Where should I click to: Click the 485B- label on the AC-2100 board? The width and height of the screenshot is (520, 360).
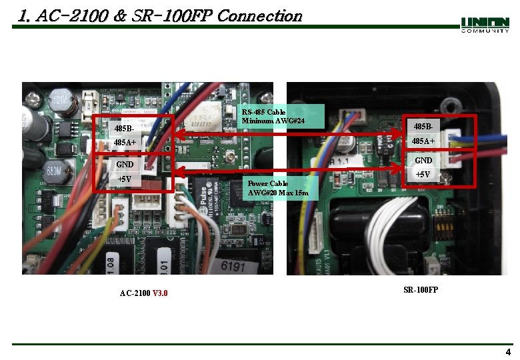tap(125, 128)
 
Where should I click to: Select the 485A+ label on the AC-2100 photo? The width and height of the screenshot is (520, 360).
tap(125, 143)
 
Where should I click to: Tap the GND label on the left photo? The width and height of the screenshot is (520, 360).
tap(125, 165)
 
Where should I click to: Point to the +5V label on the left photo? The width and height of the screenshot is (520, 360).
tap(125, 179)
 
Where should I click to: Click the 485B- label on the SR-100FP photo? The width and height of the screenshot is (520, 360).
tap(423, 127)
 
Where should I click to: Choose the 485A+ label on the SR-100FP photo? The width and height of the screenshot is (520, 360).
tap(423, 141)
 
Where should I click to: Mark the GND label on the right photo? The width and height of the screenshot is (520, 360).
tap(423, 161)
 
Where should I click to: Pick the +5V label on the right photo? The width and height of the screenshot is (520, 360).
tap(423, 175)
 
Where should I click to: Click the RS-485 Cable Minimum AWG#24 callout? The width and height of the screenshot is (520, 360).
tap(273, 117)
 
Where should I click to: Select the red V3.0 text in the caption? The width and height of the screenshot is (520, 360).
tap(161, 293)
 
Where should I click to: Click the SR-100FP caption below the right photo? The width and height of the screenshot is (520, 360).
tap(421, 289)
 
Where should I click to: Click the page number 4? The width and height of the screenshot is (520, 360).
tap(508, 353)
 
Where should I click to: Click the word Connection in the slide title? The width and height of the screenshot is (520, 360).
tap(260, 15)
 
